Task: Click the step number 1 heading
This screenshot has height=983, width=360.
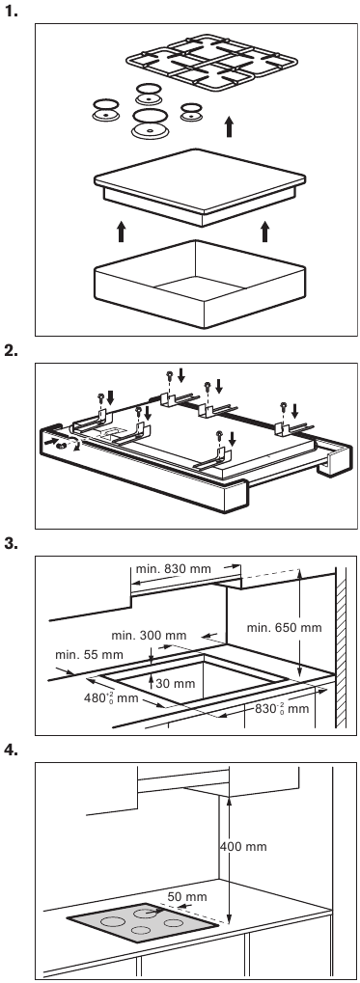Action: click(12, 12)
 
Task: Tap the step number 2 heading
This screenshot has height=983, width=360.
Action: click(12, 350)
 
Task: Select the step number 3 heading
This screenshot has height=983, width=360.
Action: click(12, 543)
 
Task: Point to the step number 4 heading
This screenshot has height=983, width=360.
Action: click(12, 750)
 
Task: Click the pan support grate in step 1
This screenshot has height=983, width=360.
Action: click(212, 62)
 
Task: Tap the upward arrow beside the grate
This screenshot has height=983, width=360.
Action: click(229, 126)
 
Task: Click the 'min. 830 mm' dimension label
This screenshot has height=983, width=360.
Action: click(173, 569)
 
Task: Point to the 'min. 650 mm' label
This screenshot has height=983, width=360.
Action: click(284, 628)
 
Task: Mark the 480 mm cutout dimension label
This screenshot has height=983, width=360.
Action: click(110, 698)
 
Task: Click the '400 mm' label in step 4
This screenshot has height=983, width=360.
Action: click(243, 847)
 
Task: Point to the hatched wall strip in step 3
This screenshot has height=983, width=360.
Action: click(342, 645)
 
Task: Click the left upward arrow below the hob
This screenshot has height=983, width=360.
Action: click(121, 231)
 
